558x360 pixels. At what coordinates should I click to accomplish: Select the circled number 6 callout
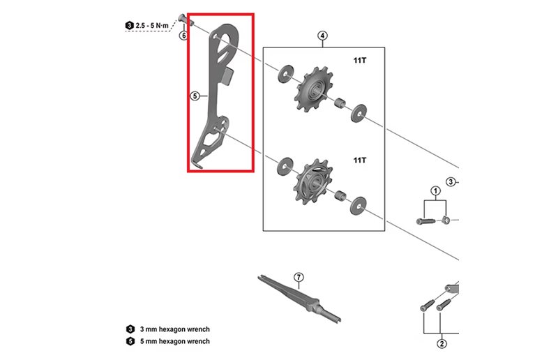183,35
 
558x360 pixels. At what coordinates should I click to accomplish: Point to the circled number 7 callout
299,278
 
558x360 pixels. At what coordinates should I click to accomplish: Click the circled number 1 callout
435,190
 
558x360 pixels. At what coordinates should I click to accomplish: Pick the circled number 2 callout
441,342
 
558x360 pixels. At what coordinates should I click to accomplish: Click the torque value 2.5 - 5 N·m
153,25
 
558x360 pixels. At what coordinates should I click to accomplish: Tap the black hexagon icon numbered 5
130,341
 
